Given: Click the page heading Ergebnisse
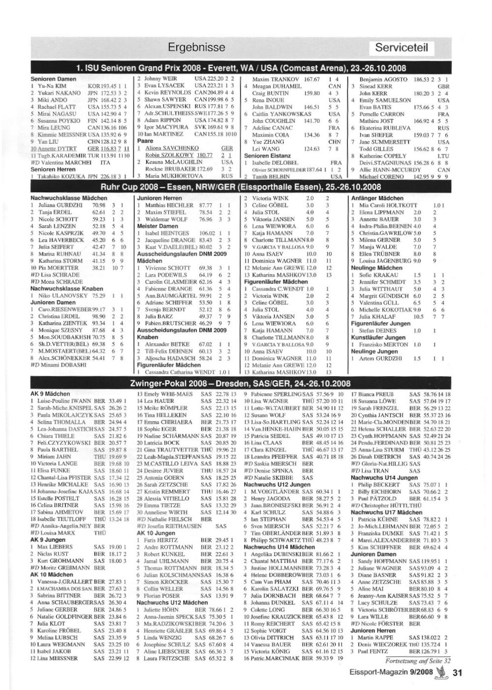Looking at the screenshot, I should (196, 48).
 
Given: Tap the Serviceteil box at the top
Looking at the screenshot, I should (401, 48).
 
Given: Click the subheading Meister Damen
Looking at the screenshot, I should (157, 226).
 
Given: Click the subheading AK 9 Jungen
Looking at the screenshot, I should (48, 539).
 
